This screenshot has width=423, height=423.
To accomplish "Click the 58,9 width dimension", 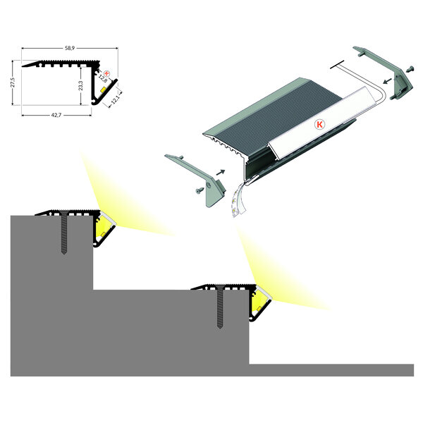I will (69, 49).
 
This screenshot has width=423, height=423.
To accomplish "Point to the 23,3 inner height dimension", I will (81, 85).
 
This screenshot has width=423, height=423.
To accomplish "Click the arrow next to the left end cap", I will (223, 170).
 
